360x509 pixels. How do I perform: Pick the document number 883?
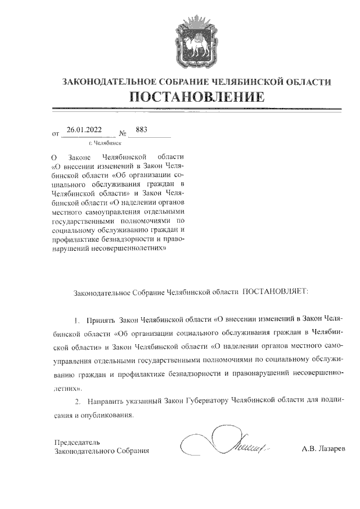pos(141,130)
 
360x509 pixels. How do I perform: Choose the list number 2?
pos(78,401)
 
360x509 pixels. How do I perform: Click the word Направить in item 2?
pos(104,401)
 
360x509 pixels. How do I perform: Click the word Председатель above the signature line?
pos(76,442)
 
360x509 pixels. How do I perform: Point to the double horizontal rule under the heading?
pos(196,109)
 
